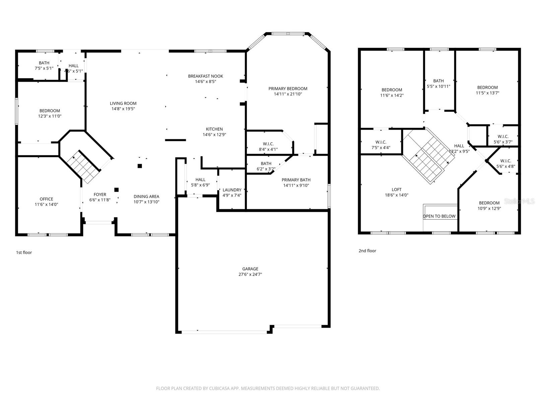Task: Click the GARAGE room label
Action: click(x=250, y=269)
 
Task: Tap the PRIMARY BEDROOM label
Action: click(x=288, y=88)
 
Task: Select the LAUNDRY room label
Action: click(x=232, y=190)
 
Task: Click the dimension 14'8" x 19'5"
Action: click(x=123, y=109)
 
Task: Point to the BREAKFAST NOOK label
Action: click(x=205, y=76)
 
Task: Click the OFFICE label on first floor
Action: click(x=46, y=199)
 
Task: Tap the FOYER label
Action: click(x=100, y=194)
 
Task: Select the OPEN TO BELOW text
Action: click(x=439, y=216)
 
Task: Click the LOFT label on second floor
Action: click(x=396, y=189)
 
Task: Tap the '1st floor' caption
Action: click(x=24, y=253)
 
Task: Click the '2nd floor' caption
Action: click(x=367, y=251)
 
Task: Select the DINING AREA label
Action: click(x=146, y=196)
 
